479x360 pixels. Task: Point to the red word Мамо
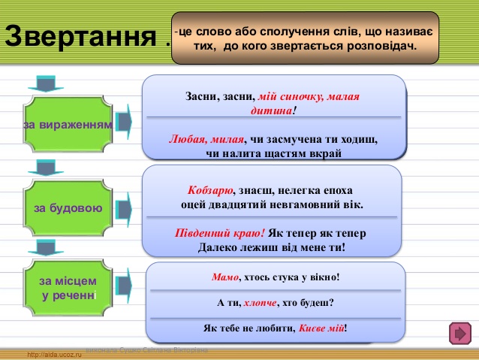pos(225,277)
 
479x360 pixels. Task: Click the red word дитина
pos(271,110)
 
